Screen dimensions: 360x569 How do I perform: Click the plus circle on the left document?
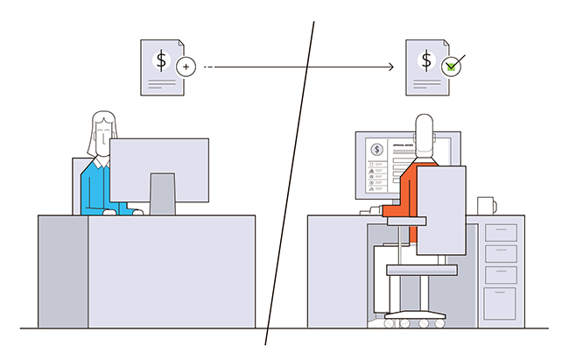(x=185, y=66)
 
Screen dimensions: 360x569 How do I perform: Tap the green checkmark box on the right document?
(x=451, y=66)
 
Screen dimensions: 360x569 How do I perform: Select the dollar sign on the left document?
(x=161, y=60)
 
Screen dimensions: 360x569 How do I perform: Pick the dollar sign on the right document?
(x=426, y=60)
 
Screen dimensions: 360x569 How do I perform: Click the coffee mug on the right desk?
(x=486, y=206)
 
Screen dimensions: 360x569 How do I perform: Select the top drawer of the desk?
(x=500, y=232)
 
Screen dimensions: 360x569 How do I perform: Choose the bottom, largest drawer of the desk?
(x=500, y=302)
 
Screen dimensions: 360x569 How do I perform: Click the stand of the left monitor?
(x=162, y=193)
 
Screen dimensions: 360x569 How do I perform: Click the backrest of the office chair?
(x=440, y=210)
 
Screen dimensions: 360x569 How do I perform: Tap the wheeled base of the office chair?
(x=411, y=321)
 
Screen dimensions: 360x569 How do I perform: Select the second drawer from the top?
(x=500, y=254)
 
